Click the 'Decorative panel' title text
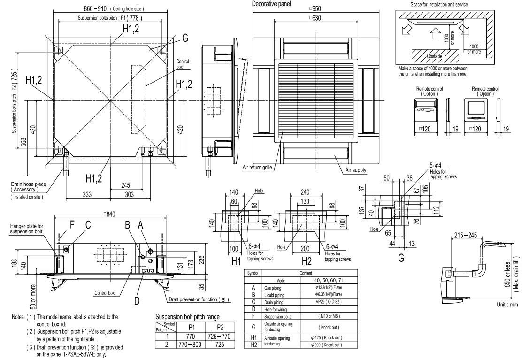point(271,4)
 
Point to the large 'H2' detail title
point(306,260)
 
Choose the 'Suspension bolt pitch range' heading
point(186,317)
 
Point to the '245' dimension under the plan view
point(124,185)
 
